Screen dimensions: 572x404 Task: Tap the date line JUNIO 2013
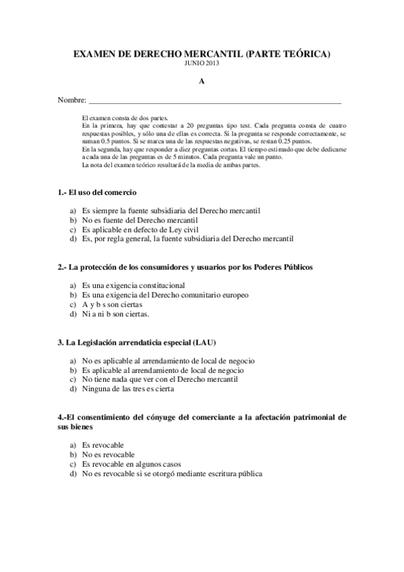tap(202, 63)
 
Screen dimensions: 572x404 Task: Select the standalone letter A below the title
tap(201, 81)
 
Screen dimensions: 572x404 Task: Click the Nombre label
tap(71, 101)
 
